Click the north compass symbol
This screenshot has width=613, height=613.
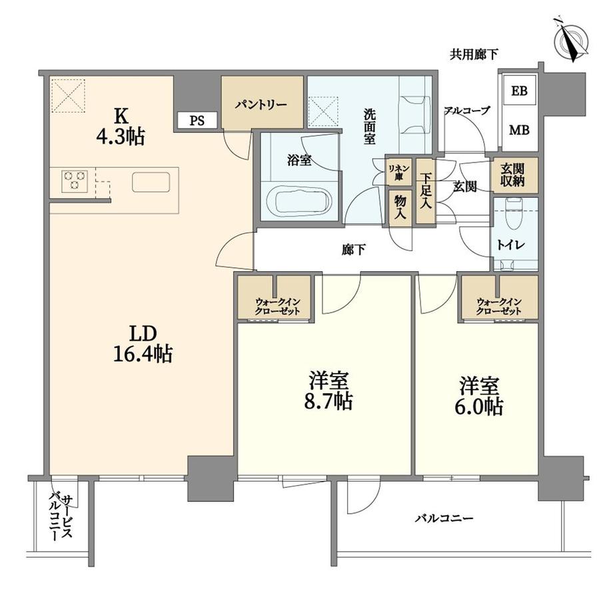click(572, 40)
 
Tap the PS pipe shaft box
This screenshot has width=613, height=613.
click(197, 121)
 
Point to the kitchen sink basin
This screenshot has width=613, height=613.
click(151, 182)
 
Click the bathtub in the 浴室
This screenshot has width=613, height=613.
click(299, 200)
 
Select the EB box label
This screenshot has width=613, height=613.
click(519, 91)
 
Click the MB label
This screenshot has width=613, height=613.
click(519, 130)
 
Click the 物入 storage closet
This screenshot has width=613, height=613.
click(400, 208)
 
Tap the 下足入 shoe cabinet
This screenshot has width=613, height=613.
click(425, 191)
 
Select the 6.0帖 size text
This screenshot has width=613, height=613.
click(479, 407)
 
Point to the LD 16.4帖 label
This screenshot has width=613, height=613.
click(143, 344)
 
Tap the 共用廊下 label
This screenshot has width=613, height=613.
click(474, 55)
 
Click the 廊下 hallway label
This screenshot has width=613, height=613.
click(354, 249)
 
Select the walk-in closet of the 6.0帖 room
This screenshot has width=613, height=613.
click(499, 298)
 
